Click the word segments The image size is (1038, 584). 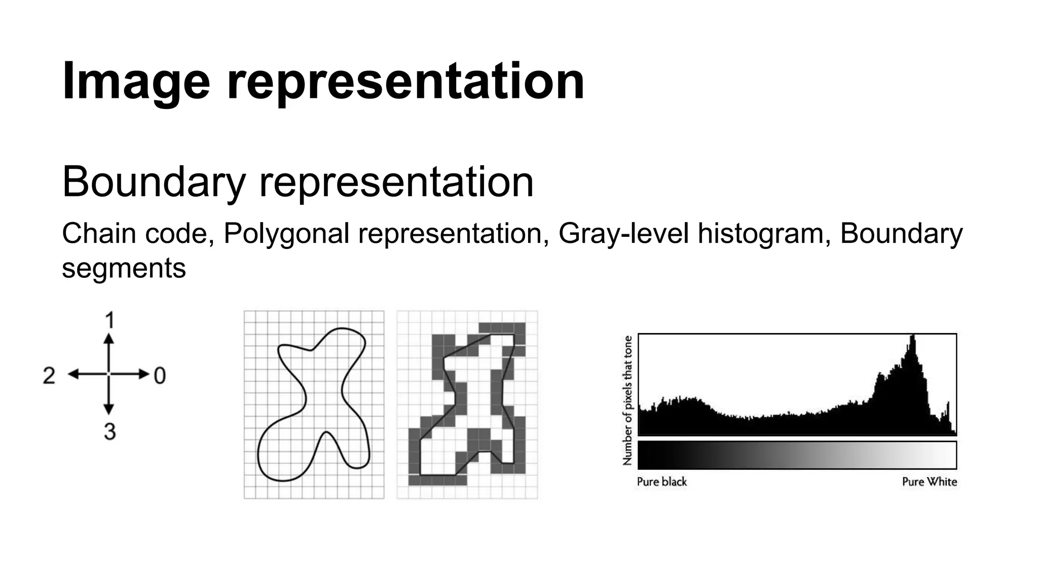pos(124,268)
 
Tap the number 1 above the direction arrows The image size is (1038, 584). pos(109,320)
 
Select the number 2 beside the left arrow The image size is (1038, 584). pos(49,376)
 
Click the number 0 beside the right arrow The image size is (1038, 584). pos(160,376)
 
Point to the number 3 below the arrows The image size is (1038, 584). pos(109,431)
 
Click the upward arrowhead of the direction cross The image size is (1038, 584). pos(108,339)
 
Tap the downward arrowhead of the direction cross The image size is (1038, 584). pos(108,409)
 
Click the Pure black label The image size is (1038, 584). pos(661,482)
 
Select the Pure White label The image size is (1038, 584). pos(929,482)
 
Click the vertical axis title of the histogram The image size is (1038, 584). pos(627,400)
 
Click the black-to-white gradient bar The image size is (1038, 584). pos(797,455)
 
